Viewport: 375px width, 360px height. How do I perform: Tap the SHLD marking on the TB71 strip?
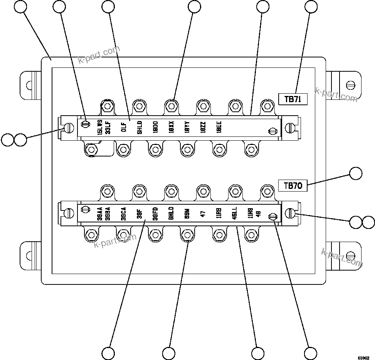click(140, 127)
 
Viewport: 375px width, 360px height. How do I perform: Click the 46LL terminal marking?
click(235, 213)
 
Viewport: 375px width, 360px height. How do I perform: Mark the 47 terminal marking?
click(203, 213)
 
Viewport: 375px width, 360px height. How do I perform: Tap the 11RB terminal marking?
click(219, 213)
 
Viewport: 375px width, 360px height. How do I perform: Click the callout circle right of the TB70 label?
click(356, 174)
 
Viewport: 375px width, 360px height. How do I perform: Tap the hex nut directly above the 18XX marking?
click(171, 105)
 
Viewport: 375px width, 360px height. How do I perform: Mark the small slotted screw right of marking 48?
click(273, 217)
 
